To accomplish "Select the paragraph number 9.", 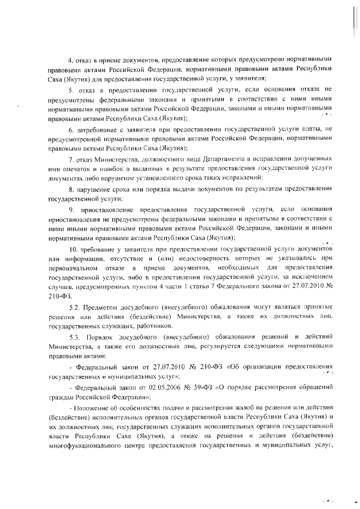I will coord(70,209).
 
